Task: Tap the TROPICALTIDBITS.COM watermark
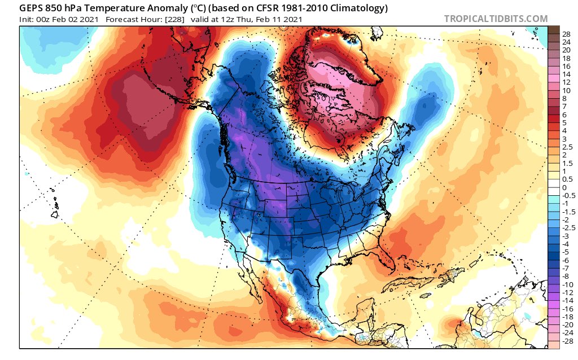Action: [496, 19]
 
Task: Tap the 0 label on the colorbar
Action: [564, 187]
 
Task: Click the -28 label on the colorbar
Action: [567, 341]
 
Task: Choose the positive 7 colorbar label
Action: [564, 106]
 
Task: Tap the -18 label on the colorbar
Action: [567, 317]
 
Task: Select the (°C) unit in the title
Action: [202, 8]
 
